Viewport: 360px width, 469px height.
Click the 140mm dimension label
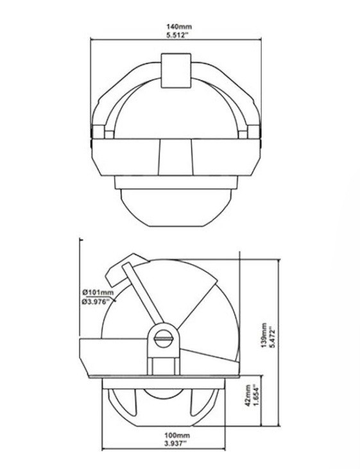coord(178,27)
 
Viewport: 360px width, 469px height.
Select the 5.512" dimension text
coord(178,35)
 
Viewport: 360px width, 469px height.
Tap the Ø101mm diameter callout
coord(98,293)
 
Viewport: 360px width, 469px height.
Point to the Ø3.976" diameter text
coord(98,302)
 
